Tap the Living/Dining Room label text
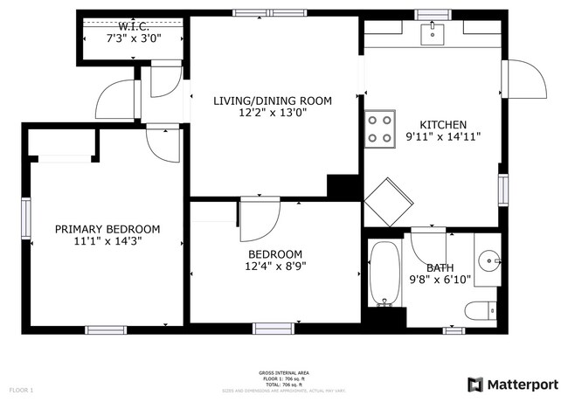tap(273, 101)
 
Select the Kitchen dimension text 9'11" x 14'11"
tap(443, 136)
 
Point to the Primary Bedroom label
tap(107, 229)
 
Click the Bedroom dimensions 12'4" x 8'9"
tap(275, 266)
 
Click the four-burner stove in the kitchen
tap(380, 128)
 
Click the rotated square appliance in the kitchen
tap(386, 203)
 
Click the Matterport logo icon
tap(476, 385)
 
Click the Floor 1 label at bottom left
tap(21, 389)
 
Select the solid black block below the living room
tap(343, 186)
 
